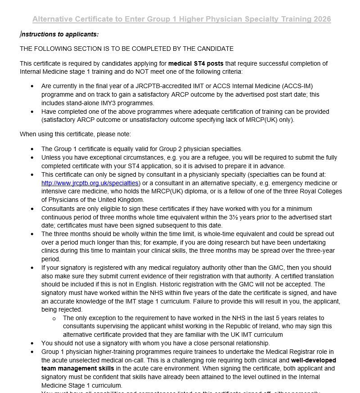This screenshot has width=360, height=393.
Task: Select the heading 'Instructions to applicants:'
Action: tap(60, 34)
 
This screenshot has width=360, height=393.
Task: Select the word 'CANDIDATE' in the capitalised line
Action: tap(213, 49)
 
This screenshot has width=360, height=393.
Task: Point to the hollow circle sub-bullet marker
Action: tap(54, 318)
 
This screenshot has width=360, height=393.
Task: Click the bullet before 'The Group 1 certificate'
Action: tap(32, 149)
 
